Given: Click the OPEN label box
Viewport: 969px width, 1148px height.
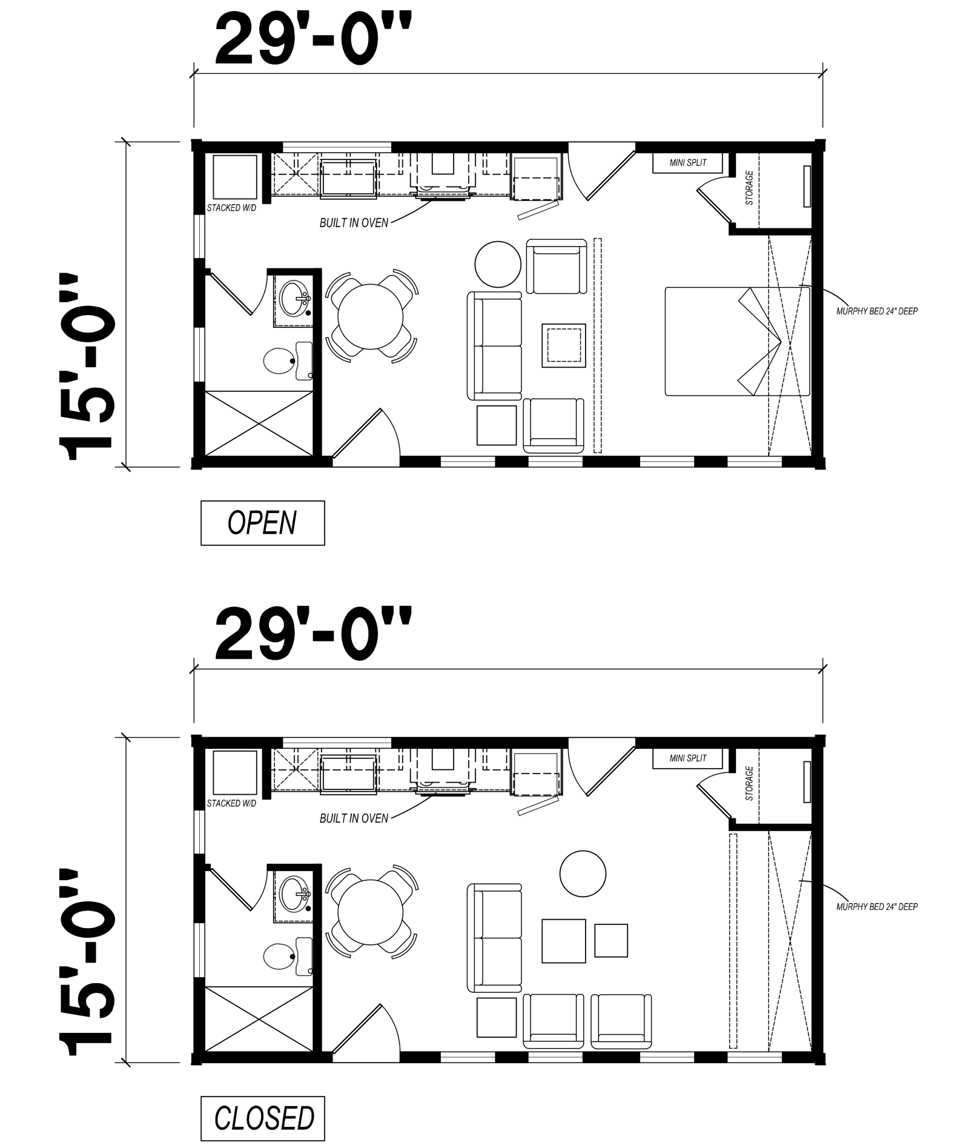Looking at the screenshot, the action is pos(262,522).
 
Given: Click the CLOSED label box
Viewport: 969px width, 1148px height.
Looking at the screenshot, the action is pos(262,1118).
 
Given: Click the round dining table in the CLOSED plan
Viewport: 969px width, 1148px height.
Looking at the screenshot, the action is pos(371,911).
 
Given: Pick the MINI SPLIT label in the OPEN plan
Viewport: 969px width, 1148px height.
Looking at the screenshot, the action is pos(688,163).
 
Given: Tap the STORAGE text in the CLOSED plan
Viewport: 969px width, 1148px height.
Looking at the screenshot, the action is pos(750,783).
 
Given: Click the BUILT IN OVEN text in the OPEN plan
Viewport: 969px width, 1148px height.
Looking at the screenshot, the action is pos(354,223).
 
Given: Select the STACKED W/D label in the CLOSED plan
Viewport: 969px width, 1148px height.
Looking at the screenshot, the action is pos(231,803).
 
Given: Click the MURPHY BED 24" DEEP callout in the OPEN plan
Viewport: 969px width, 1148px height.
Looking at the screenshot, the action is pos(877,311).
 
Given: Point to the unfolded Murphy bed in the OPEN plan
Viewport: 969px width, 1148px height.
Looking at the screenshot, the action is pos(738,342).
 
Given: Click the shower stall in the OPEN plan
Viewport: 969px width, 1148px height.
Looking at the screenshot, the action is pos(260,423).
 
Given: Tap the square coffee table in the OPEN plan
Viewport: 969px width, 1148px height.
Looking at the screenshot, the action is pos(564,345).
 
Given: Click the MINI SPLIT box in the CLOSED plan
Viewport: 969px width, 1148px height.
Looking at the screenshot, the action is pos(688,758).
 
